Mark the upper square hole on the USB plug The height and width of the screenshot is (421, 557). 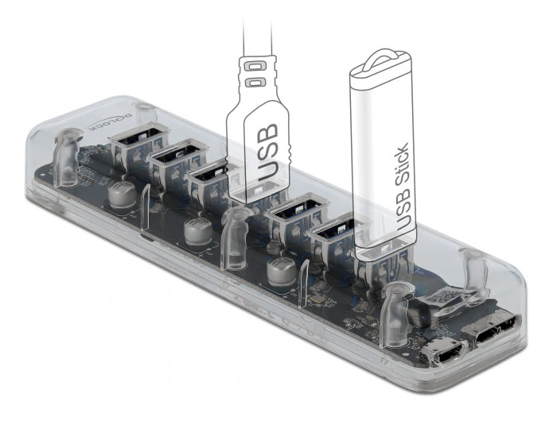click(255, 63)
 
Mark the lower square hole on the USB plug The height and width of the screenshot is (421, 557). click(255, 83)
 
